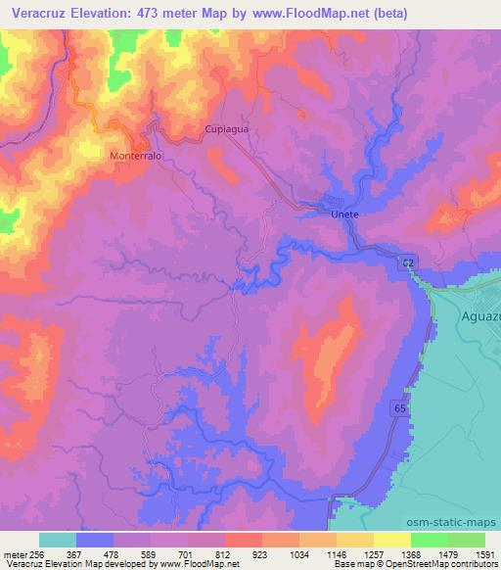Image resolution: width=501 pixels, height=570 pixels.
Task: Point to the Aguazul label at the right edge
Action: (x=479, y=316)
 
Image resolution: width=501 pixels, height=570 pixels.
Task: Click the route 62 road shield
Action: (x=405, y=261)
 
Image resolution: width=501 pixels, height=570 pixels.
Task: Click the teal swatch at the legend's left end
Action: (x=58, y=540)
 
